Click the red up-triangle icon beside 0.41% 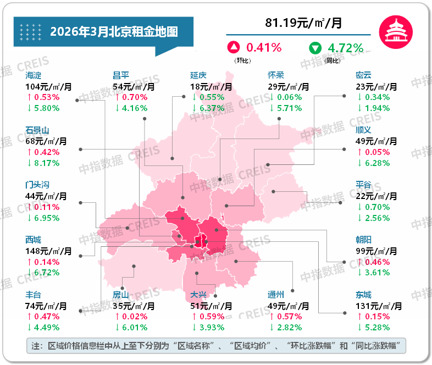(234, 48)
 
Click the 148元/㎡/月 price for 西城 (48, 251)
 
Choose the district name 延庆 (198, 75)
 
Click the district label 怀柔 (276, 75)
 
